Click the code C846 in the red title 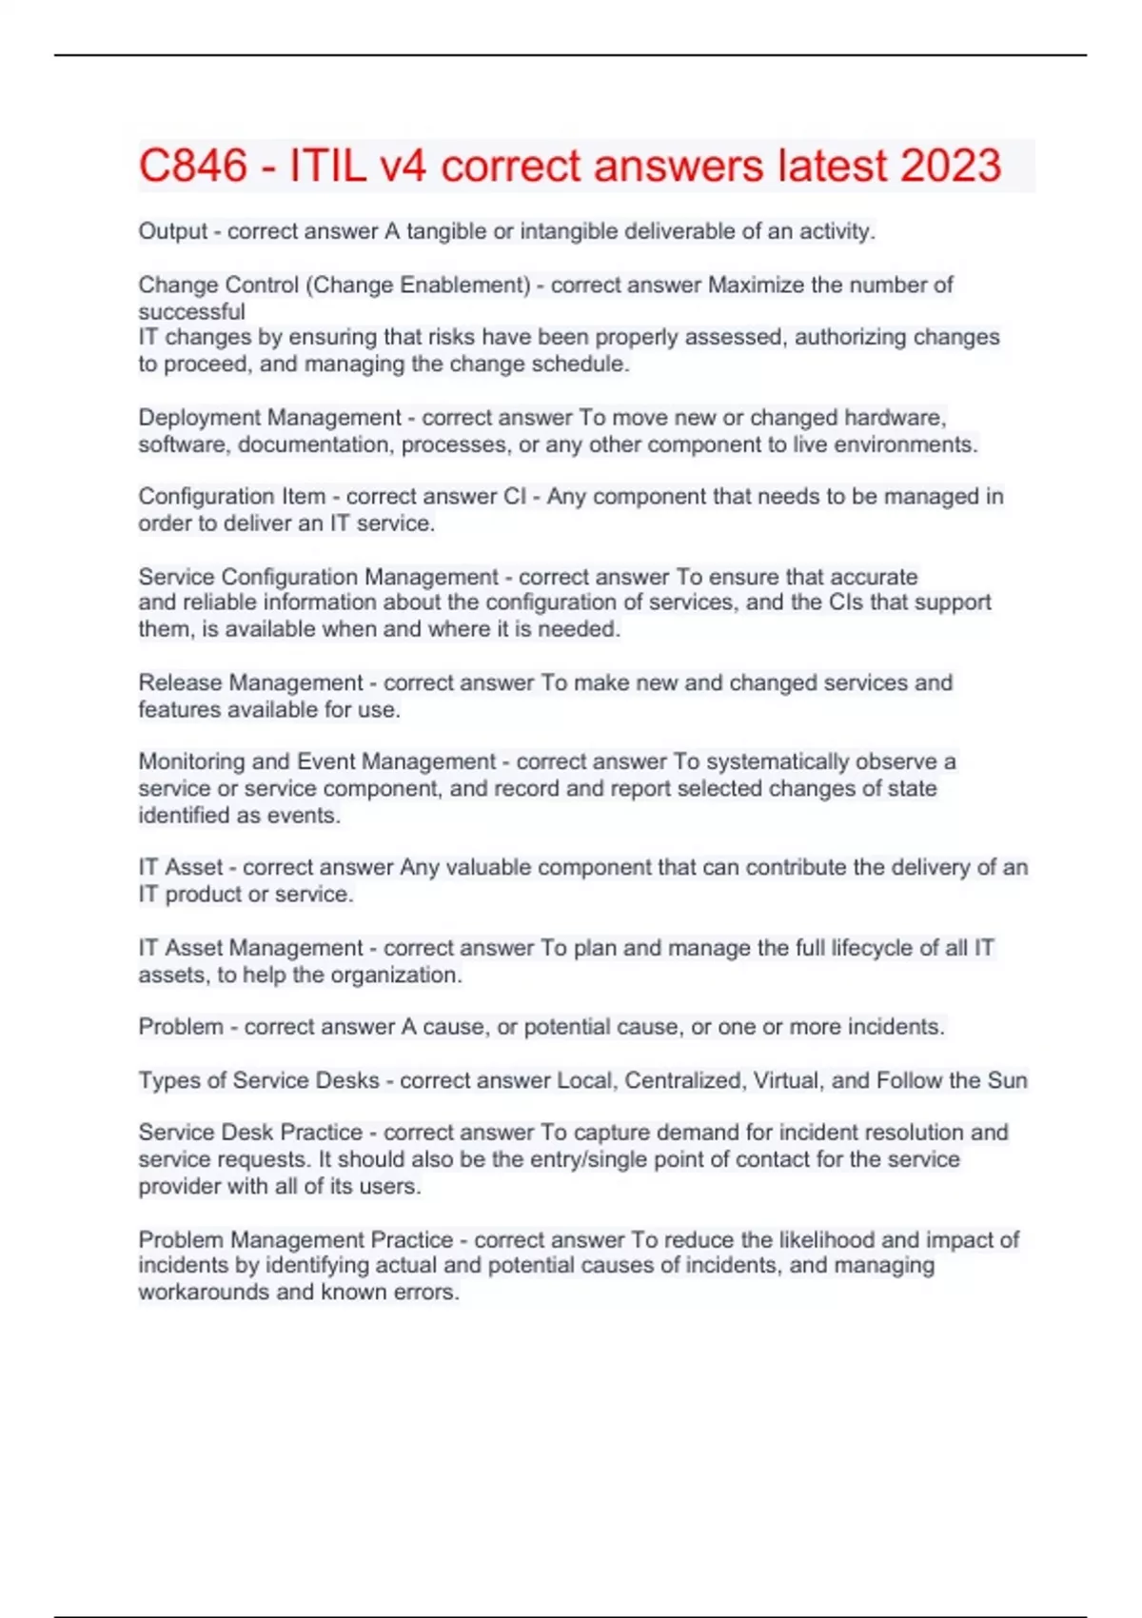pos(193,166)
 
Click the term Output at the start pos(172,231)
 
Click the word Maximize pos(756,285)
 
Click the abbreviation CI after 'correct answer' pos(513,497)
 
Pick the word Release pos(180,682)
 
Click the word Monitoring pos(190,761)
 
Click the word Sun pos(1007,1080)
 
